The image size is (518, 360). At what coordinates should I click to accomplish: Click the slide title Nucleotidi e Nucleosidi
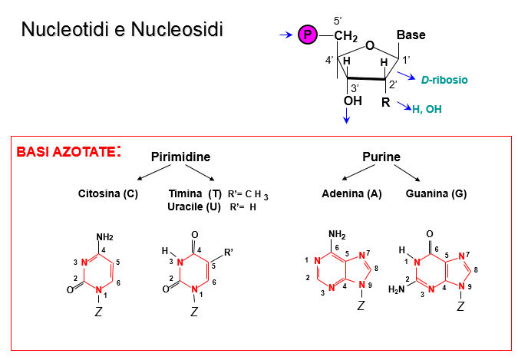[122, 31]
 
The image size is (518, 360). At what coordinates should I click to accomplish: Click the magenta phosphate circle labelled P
[308, 35]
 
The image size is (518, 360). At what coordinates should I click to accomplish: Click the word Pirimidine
[181, 157]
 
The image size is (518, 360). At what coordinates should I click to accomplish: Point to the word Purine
[381, 157]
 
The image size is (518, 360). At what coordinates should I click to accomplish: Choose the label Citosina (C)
[108, 193]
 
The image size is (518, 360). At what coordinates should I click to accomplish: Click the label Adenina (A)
[351, 193]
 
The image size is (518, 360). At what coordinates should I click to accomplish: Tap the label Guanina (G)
[436, 193]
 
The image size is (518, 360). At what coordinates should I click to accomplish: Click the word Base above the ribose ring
[411, 35]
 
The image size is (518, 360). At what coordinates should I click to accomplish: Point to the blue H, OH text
[427, 110]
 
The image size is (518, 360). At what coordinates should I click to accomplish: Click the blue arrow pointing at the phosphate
[286, 35]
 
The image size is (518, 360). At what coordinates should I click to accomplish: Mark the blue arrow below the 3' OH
[347, 115]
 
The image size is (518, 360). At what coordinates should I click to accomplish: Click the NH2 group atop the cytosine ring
[106, 236]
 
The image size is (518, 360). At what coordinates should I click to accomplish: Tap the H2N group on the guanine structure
[396, 289]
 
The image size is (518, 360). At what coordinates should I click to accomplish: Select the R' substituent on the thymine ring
[228, 249]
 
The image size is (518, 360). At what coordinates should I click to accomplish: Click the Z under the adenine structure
[360, 306]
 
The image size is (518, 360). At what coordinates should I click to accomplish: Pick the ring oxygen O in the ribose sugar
[369, 46]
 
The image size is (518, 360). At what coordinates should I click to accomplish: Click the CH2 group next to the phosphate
[346, 36]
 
